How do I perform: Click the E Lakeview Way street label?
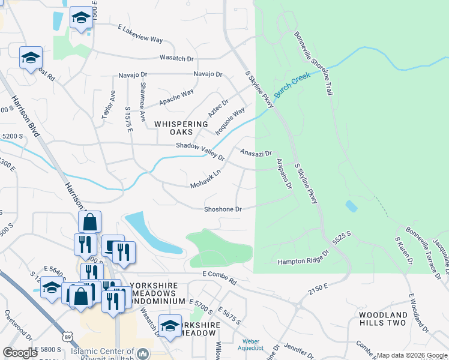[x=140, y=34]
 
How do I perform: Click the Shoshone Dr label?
[x=223, y=209]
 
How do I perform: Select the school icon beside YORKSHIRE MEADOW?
[x=170, y=325]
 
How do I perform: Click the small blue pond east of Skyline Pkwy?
[x=351, y=206]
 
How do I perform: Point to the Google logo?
[x=20, y=353]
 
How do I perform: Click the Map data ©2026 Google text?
[x=411, y=355]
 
